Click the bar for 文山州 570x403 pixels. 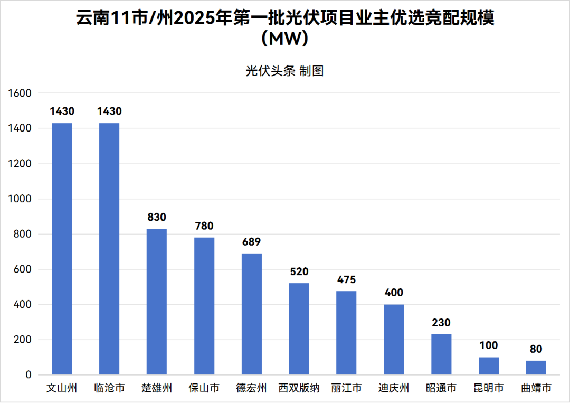[62, 248]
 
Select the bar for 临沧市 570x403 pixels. [109, 248]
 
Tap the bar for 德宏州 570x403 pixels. [252, 314]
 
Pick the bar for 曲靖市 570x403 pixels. [536, 368]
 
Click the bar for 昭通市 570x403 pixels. [441, 354]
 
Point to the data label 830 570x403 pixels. [157, 217]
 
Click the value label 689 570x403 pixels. [252, 242]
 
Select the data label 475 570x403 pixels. [346, 279]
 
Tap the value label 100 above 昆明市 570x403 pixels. [488, 345]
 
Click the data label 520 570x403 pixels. [299, 272]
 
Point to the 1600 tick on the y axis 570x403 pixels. [20, 93]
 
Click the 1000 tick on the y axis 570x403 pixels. [20, 199]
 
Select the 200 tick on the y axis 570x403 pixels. [23, 340]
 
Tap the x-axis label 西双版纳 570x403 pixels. [299, 389]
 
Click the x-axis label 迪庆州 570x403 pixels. [394, 389]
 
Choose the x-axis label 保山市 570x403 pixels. [204, 389]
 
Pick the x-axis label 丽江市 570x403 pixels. [346, 389]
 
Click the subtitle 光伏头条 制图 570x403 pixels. [284, 71]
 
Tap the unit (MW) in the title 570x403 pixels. [284, 39]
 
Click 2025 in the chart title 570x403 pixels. [192, 18]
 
